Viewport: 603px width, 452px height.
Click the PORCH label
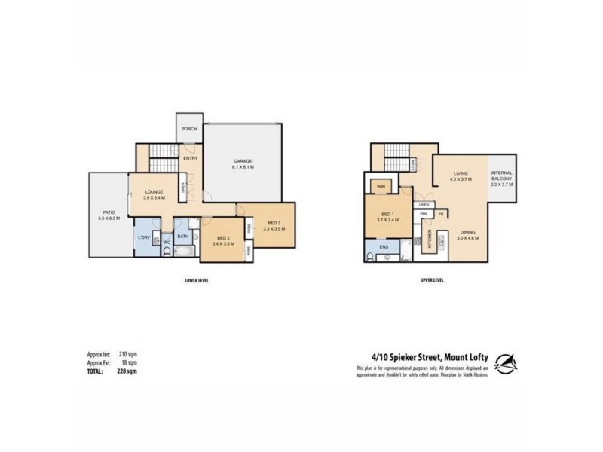pyautogui.click(x=189, y=129)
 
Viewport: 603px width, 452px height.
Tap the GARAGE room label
pyautogui.click(x=242, y=161)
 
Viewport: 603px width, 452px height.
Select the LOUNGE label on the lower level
pyautogui.click(x=155, y=192)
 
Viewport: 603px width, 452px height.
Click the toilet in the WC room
pyautogui.click(x=166, y=251)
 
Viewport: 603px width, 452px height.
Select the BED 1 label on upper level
pyautogui.click(x=387, y=214)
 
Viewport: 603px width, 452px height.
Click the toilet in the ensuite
pyautogui.click(x=369, y=257)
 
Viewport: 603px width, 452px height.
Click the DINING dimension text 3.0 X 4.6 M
pyautogui.click(x=468, y=237)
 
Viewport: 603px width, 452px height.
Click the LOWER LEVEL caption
pyautogui.click(x=196, y=280)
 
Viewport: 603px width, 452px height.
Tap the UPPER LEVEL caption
pyautogui.click(x=433, y=280)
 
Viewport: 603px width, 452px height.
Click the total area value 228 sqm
pyautogui.click(x=127, y=371)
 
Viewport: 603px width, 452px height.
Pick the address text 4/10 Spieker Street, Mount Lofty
pyautogui.click(x=421, y=359)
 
